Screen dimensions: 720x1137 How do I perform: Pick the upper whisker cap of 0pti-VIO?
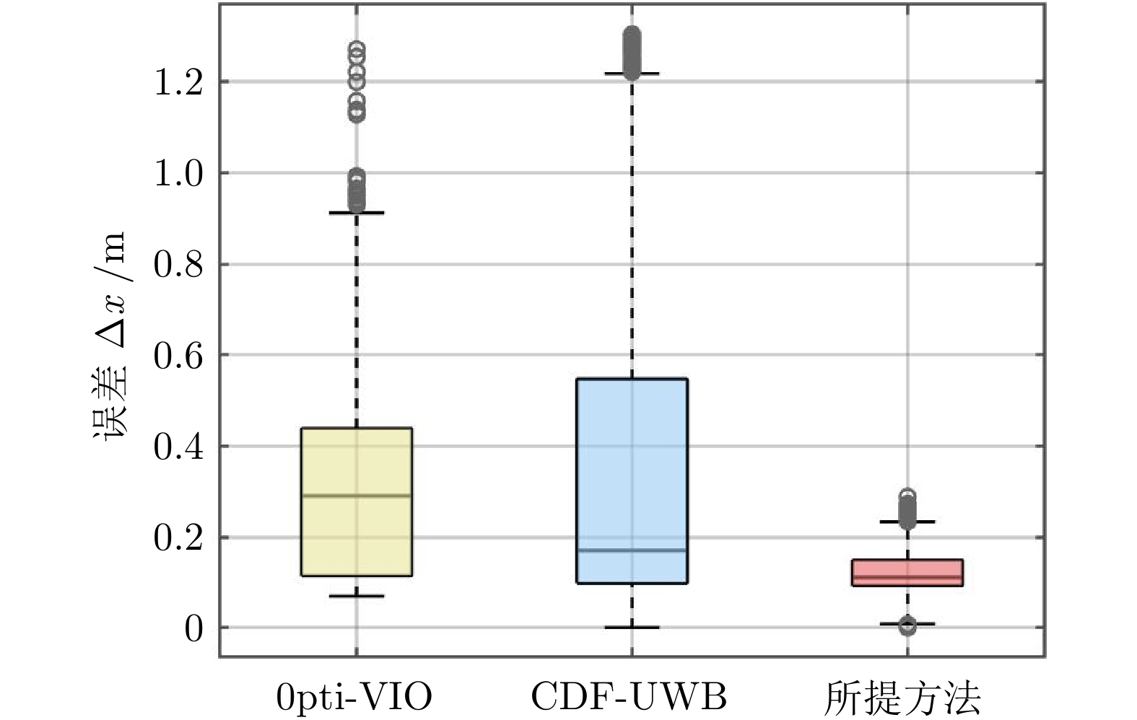tap(357, 213)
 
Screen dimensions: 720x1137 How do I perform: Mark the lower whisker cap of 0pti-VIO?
tap(357, 596)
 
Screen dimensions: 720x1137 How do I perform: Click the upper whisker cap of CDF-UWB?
tap(632, 74)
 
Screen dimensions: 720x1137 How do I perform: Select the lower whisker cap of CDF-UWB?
tap(632, 628)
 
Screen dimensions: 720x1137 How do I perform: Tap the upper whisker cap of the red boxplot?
tap(907, 521)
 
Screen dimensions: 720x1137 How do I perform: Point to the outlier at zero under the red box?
tap(907, 627)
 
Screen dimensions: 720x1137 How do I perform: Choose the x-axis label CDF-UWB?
tap(629, 697)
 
